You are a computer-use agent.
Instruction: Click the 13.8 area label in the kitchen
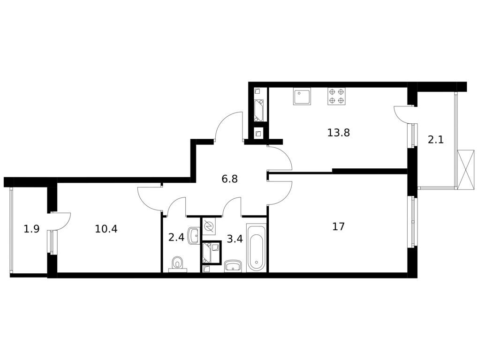point(338,133)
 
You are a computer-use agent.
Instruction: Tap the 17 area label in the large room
point(338,227)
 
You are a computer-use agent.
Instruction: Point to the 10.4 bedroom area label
point(106,229)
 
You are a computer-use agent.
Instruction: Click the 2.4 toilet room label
point(176,237)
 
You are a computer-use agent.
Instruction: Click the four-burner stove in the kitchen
point(336,96)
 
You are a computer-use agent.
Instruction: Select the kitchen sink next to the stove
point(301,97)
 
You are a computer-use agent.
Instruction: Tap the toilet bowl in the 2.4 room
point(177,264)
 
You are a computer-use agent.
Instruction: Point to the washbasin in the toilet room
point(194,235)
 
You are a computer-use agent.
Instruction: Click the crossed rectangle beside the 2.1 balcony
point(466,170)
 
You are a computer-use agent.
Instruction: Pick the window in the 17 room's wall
point(413,222)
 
